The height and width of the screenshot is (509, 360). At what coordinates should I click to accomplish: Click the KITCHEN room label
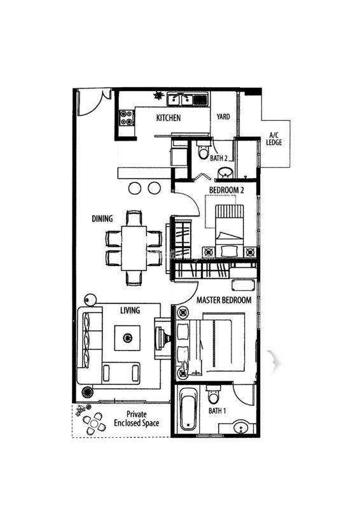168,118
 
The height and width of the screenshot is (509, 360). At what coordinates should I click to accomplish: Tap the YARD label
223,116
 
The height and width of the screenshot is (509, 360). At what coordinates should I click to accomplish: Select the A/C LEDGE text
274,139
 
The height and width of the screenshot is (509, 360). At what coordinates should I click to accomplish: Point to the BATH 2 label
219,158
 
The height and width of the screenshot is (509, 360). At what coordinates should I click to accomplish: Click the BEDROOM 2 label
226,190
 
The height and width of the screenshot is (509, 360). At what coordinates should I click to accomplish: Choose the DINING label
102,219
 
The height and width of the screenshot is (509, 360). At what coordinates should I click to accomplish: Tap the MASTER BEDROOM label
224,300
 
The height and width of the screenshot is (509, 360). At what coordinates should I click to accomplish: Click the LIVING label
130,310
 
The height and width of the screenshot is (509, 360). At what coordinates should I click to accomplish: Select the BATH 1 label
217,410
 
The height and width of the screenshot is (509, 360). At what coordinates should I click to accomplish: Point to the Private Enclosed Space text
136,419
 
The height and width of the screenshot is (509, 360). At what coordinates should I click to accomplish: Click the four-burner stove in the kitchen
127,118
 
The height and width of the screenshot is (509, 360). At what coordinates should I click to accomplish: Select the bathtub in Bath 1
188,408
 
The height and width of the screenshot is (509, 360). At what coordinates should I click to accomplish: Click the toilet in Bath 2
204,150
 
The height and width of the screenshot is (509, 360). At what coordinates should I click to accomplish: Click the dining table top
134,248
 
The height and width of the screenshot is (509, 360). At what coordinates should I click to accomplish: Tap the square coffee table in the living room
127,338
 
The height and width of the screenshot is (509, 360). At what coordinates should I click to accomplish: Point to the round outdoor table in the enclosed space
93,424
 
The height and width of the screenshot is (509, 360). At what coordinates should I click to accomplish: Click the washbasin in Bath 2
225,172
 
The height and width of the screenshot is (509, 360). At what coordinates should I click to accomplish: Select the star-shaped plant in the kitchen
158,95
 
